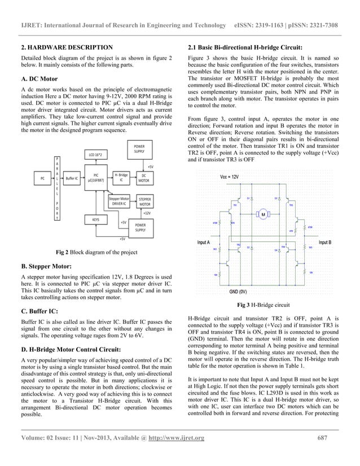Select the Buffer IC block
tap(71, 178)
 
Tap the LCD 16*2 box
tap(96, 153)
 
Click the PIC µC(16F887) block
tap(96, 178)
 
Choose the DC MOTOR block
tap(146, 178)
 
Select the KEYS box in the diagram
tap(89, 218)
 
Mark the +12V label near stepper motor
tap(146, 213)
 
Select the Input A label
tap(203, 242)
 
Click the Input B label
tap(324, 242)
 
